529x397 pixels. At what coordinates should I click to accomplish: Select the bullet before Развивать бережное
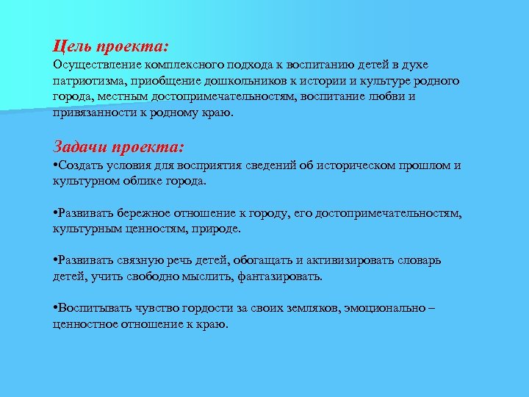pyautogui.click(x=55, y=213)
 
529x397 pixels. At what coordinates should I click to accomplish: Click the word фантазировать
pyautogui.click(x=284, y=277)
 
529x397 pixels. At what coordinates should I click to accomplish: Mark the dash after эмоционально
pyautogui.click(x=431, y=309)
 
